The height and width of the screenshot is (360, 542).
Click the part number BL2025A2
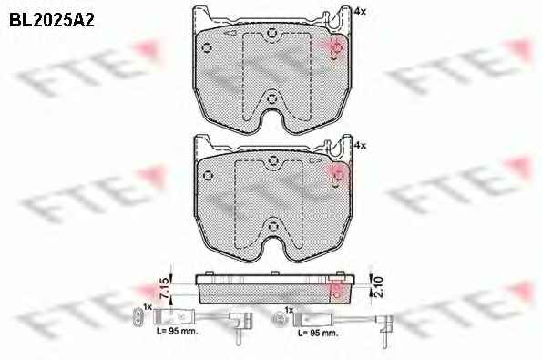click(52, 20)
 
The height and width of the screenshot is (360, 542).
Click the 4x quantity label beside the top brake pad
click(360, 12)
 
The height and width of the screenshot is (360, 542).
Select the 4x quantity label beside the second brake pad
click(360, 146)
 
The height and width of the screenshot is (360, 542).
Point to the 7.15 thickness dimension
click(166, 288)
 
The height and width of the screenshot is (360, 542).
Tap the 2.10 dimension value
click(379, 287)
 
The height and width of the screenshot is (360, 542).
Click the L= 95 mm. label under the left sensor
click(178, 332)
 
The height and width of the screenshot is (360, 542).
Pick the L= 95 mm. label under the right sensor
click(318, 334)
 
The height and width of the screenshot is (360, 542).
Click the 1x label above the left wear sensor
click(148, 307)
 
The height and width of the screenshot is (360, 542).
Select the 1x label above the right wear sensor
click(289, 310)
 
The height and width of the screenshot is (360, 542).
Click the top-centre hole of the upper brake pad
click(272, 34)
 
